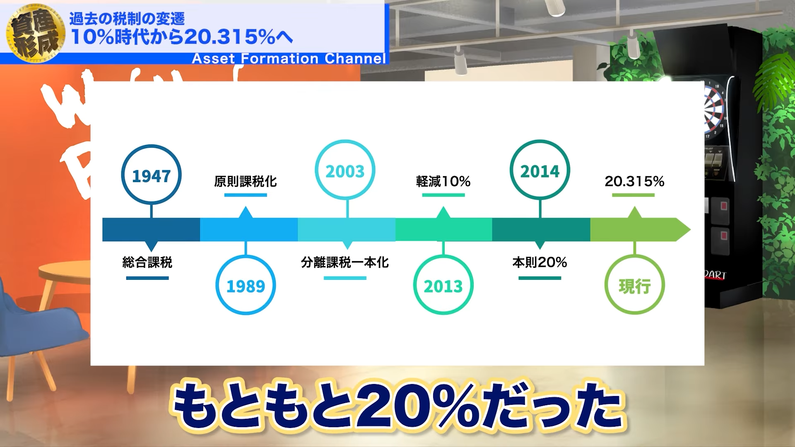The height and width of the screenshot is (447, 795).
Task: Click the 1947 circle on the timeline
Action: click(x=151, y=175)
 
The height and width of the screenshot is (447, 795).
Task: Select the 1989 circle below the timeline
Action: click(x=246, y=286)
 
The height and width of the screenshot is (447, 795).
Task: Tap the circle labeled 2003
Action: click(x=345, y=171)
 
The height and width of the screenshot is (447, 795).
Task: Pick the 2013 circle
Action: click(x=443, y=286)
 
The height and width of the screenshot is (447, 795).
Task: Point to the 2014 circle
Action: click(x=540, y=171)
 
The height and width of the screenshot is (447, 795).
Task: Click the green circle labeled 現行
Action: click(x=634, y=286)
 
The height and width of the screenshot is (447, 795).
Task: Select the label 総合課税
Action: click(x=147, y=262)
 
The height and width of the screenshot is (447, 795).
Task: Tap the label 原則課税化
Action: click(x=246, y=181)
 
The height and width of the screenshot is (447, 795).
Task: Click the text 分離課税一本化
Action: click(x=345, y=262)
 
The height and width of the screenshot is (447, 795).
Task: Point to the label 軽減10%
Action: click(x=443, y=181)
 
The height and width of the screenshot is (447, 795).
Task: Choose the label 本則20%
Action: click(x=540, y=262)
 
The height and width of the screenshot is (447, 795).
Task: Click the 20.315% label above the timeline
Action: click(x=634, y=181)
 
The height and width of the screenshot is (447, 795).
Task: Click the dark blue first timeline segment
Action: click(x=151, y=230)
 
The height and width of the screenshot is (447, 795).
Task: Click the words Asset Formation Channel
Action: click(x=289, y=58)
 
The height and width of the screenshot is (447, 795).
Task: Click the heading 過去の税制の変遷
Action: click(x=127, y=19)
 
